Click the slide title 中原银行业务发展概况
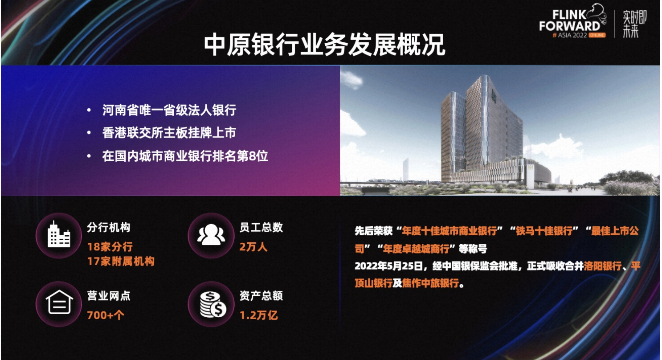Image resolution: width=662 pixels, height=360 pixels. (x=324, y=45)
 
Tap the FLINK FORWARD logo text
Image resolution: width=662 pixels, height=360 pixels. (x=570, y=20)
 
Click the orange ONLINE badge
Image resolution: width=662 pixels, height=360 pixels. (x=597, y=35)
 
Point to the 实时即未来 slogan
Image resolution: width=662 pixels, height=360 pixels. (x=634, y=24)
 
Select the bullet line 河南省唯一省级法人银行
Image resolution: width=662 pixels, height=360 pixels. (x=169, y=110)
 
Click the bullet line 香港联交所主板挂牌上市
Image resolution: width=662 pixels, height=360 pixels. (x=169, y=133)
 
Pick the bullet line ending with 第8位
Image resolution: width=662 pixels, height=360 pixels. (x=185, y=156)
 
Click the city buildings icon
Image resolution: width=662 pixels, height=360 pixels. (x=59, y=234)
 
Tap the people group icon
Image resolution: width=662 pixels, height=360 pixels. (x=211, y=234)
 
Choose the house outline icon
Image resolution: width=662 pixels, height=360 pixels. (x=59, y=302)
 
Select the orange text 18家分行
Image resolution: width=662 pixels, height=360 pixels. (x=110, y=247)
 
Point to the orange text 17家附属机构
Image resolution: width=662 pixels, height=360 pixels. (x=121, y=261)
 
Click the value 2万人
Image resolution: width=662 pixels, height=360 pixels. (x=253, y=247)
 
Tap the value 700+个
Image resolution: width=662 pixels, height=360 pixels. (x=106, y=315)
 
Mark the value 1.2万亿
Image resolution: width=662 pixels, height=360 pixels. (x=258, y=315)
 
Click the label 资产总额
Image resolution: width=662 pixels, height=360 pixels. (x=261, y=296)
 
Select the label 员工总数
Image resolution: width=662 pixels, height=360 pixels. (x=261, y=227)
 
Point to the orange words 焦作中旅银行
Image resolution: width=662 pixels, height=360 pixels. (x=430, y=283)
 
